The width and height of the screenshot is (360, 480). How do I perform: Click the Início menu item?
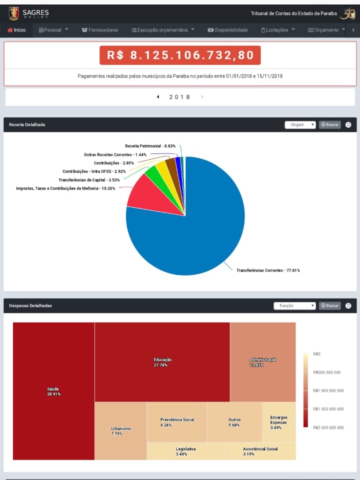pos(16,30)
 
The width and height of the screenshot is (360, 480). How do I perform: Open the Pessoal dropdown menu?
pos(53,30)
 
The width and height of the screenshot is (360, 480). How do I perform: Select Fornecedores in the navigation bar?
pos(100,30)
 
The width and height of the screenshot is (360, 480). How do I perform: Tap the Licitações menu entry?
pos(278,30)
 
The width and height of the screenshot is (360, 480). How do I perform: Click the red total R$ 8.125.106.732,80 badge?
pos(180,55)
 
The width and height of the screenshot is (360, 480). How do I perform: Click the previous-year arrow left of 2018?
pos(158,97)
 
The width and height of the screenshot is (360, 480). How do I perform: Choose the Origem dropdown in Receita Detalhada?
pos(300,124)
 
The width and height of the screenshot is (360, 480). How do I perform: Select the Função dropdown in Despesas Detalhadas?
pos(294,305)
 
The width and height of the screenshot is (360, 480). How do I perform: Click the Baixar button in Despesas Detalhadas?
pos(330,305)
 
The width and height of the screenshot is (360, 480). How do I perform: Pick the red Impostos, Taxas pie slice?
pos(150,197)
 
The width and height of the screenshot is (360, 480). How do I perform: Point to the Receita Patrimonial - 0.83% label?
pos(150,146)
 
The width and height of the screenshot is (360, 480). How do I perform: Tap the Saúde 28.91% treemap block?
pos(53,391)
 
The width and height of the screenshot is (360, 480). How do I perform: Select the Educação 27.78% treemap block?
pos(162,362)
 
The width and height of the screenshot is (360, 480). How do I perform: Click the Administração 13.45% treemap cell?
pos(263,362)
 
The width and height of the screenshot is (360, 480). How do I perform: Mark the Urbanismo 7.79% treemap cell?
pos(120,431)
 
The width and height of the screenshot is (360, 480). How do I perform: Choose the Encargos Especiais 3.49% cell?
pos(279,422)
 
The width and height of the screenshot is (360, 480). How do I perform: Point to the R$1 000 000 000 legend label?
pos(328,390)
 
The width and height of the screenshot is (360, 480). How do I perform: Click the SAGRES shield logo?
pos(14,13)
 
